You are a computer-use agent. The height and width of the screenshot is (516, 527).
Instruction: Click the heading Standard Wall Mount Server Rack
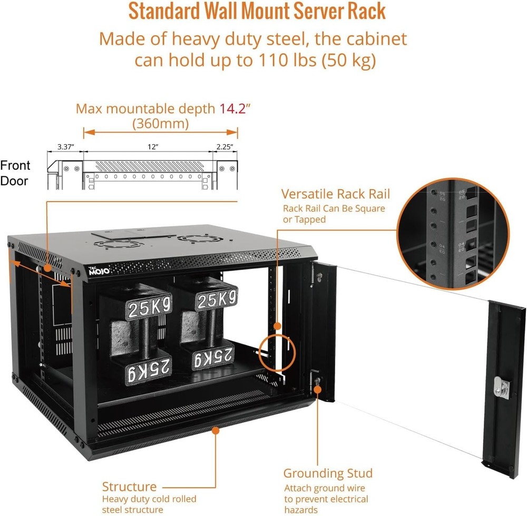257,12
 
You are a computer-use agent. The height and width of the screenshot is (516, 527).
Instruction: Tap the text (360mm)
161,124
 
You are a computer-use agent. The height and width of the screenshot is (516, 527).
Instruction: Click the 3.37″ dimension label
65,147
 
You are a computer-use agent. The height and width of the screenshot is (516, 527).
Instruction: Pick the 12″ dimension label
153,147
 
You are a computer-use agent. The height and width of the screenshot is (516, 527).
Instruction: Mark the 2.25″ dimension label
224,147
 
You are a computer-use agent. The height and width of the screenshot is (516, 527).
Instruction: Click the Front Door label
15,173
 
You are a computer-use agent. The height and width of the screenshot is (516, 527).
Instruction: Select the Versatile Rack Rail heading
336,194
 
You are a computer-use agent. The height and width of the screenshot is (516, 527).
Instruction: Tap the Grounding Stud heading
328,473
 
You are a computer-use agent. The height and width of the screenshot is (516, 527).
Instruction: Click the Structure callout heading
129,487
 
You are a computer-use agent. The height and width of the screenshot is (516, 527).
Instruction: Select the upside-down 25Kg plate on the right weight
213,359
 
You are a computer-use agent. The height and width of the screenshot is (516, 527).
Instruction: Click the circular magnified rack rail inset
453,233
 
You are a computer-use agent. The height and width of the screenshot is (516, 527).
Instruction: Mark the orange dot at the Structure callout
215,431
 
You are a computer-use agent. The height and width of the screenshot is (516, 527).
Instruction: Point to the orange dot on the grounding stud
318,389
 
